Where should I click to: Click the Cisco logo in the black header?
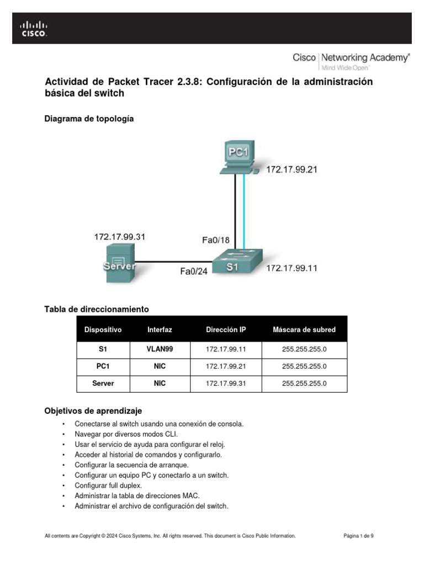tap(34, 29)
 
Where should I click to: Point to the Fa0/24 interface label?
tap(194, 271)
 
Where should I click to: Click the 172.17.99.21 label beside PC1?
tap(291, 170)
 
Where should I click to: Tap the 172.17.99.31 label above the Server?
tap(120, 237)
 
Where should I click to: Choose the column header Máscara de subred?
tap(304, 330)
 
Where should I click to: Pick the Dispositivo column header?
tap(103, 330)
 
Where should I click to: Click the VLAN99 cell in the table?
tap(160, 349)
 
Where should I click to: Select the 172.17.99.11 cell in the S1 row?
tap(226, 349)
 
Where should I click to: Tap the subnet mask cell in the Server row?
tap(304, 383)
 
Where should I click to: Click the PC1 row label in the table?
tap(103, 366)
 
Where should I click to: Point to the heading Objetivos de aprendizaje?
tap(93, 411)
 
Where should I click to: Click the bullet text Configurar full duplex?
tap(108, 486)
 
